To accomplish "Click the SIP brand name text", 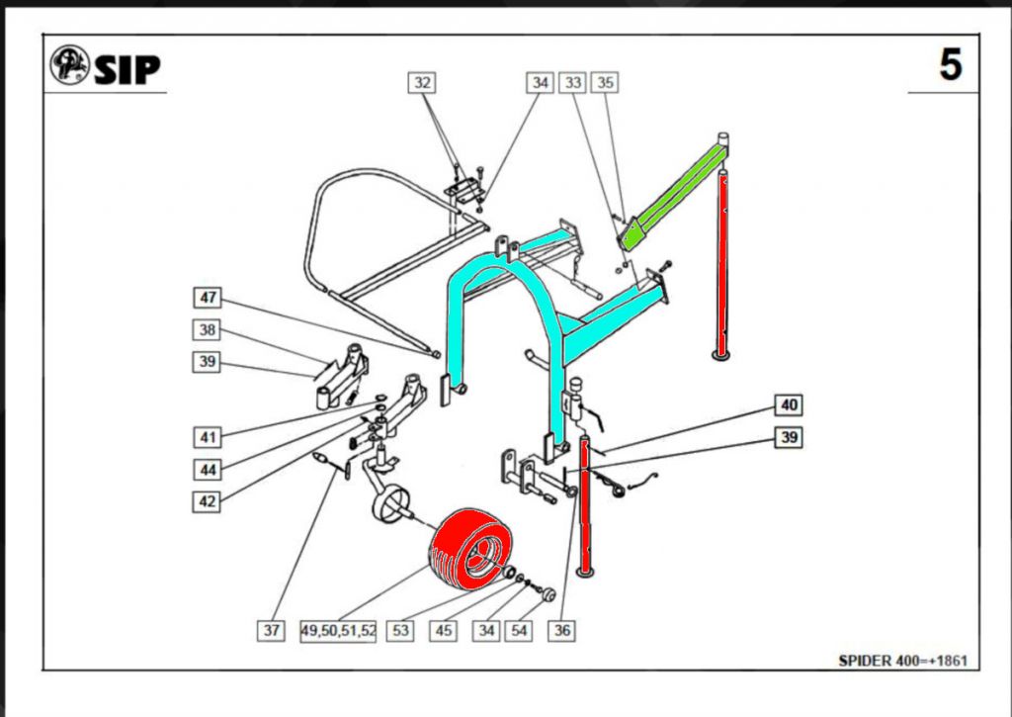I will (x=127, y=68).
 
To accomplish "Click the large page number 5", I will (x=950, y=65).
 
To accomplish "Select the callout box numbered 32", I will (x=422, y=83).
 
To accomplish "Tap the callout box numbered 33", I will (x=572, y=83).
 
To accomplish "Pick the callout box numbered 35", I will (x=604, y=83).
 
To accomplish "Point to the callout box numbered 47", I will (x=208, y=298).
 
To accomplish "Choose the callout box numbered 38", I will (x=207, y=329).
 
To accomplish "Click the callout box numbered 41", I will (x=207, y=435).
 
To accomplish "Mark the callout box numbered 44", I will (x=207, y=469).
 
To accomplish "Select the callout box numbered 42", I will (x=207, y=501).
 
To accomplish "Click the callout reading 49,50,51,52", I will (x=338, y=630).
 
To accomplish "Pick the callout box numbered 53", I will (x=399, y=630).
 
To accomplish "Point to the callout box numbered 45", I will (x=445, y=630).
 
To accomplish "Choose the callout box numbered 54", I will (x=519, y=630).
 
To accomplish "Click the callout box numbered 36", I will (x=562, y=630).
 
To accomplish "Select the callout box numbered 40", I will (x=788, y=404).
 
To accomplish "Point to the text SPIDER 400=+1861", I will (x=902, y=659).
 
